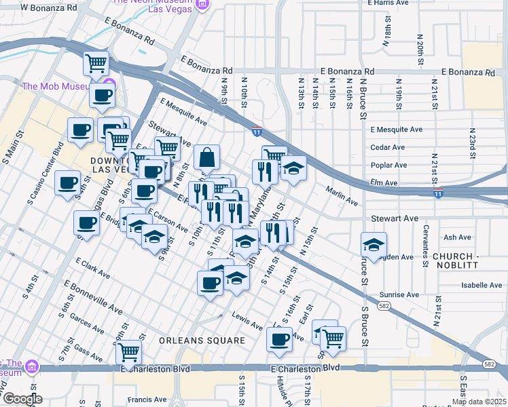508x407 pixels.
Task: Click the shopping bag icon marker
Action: pos(207,157)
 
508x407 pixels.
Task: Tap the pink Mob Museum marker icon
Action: pos(108,86)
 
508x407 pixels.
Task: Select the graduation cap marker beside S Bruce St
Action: pos(374,244)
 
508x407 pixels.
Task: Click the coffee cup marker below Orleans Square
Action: pos(278,338)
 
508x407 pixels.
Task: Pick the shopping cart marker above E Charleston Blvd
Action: pos(128,352)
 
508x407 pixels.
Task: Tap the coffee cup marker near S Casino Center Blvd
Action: pos(68,184)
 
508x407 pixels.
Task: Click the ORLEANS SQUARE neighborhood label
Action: pos(202,340)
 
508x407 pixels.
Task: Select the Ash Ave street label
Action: pos(456,237)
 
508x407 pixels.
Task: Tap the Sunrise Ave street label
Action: pos(399,295)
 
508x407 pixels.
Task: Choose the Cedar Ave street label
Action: pos(388,147)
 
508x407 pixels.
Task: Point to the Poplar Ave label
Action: pos(388,165)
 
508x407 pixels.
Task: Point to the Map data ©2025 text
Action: pos(478,402)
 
